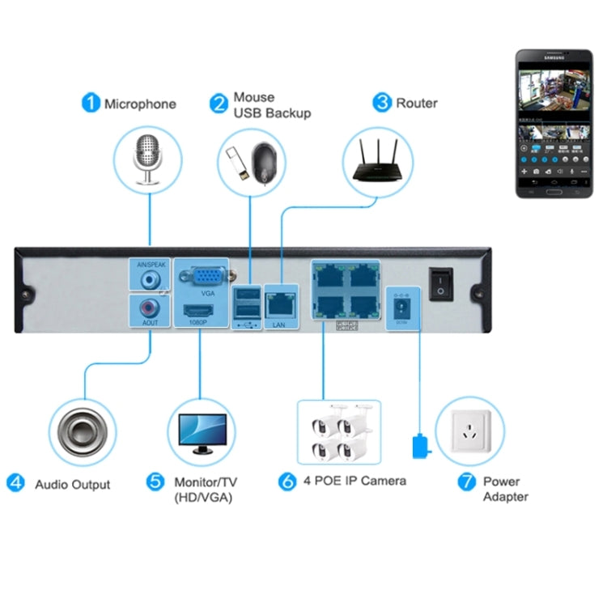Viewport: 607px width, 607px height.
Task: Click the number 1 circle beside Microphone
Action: tap(91, 103)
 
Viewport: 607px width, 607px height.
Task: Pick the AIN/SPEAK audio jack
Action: tap(150, 278)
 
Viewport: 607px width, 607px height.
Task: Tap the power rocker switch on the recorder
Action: tap(441, 282)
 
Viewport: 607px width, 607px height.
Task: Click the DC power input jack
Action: tap(399, 308)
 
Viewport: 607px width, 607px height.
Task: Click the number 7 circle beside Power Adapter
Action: tap(466, 482)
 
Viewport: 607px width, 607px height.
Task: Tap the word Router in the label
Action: tap(417, 104)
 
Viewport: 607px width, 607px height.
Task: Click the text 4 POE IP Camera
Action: tap(354, 481)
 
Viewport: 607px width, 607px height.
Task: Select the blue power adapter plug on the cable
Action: tap(419, 444)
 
